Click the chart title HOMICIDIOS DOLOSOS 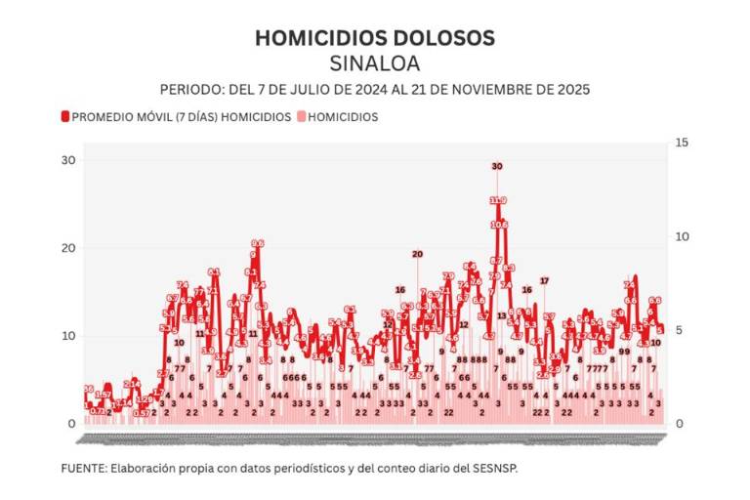pyautogui.click(x=375, y=38)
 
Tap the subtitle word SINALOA pyautogui.click(x=375, y=63)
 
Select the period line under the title pyautogui.click(x=375, y=89)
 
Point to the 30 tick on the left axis pyautogui.click(x=70, y=160)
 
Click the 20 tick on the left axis pyautogui.click(x=70, y=248)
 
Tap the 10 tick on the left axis pyautogui.click(x=70, y=336)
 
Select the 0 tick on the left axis pyautogui.click(x=72, y=424)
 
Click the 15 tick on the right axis pyautogui.click(x=683, y=144)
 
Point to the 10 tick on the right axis pyautogui.click(x=683, y=237)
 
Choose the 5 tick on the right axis pyautogui.click(x=680, y=330)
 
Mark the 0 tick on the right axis pyautogui.click(x=680, y=424)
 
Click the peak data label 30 pyautogui.click(x=497, y=167)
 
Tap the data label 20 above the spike pyautogui.click(x=417, y=255)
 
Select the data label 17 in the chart pyautogui.click(x=544, y=281)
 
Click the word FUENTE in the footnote pyautogui.click(x=83, y=468)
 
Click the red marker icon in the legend pyautogui.click(x=65, y=116)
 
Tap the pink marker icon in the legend pyautogui.click(x=301, y=116)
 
